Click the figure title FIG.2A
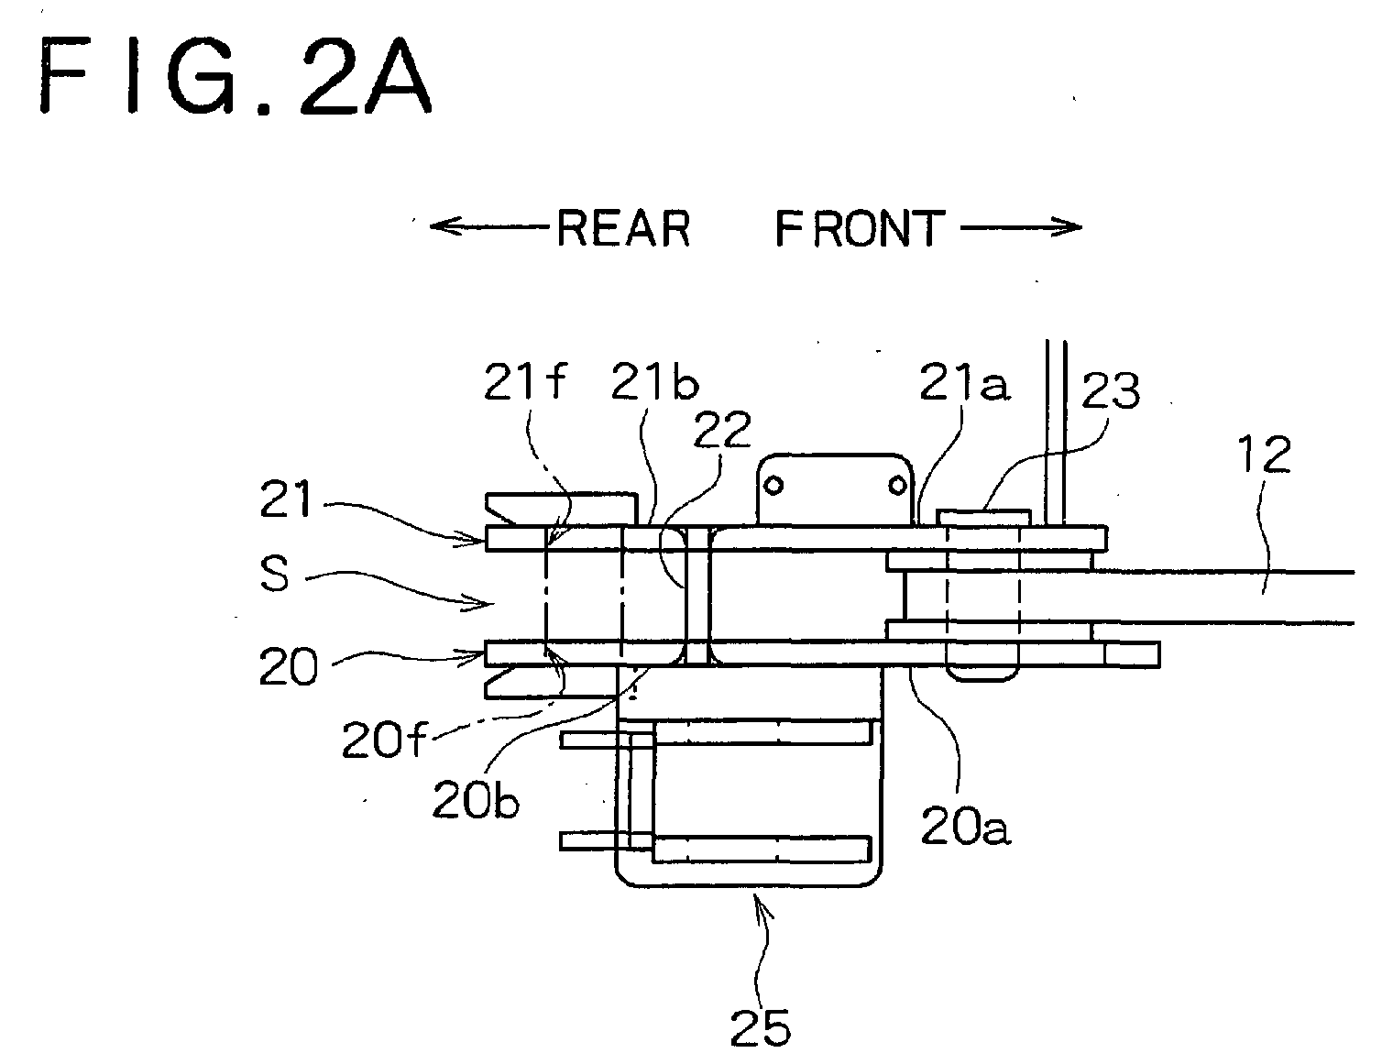(236, 75)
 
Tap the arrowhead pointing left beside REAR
(444, 225)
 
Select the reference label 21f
(525, 381)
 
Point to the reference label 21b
(655, 381)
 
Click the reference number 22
(722, 430)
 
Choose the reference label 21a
(964, 381)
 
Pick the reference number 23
(1111, 389)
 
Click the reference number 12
(1264, 455)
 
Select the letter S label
(274, 574)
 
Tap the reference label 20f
(384, 740)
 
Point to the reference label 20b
(476, 801)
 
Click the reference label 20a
(965, 826)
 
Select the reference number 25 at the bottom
(761, 1029)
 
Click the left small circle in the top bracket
(773, 486)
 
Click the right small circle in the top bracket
(897, 486)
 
